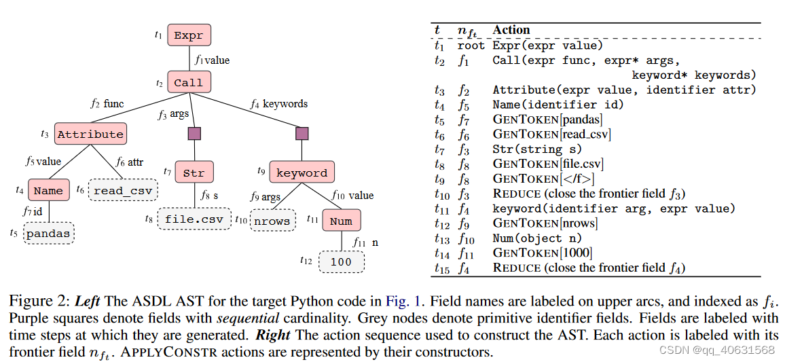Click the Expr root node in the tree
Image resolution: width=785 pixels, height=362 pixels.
[189, 35]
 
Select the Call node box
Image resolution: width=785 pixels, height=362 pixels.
[188, 83]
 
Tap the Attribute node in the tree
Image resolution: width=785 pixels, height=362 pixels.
[90, 134]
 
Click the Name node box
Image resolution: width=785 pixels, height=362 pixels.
[48, 191]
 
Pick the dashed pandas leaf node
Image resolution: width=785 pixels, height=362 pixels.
[48, 234]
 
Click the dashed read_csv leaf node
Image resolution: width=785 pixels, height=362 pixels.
[124, 190]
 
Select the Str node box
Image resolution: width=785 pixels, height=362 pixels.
[194, 173]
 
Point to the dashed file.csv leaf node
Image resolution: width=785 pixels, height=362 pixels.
[194, 219]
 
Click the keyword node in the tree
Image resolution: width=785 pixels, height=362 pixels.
[302, 173]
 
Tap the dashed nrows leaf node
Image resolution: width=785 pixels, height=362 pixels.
[272, 221]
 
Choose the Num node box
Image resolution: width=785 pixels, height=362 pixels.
[341, 221]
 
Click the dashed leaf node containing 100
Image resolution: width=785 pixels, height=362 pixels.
[341, 261]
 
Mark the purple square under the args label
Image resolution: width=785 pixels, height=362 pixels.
[194, 133]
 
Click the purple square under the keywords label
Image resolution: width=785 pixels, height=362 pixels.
[302, 133]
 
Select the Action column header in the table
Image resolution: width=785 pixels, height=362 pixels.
[511, 30]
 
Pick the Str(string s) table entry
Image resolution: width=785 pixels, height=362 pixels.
[537, 149]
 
